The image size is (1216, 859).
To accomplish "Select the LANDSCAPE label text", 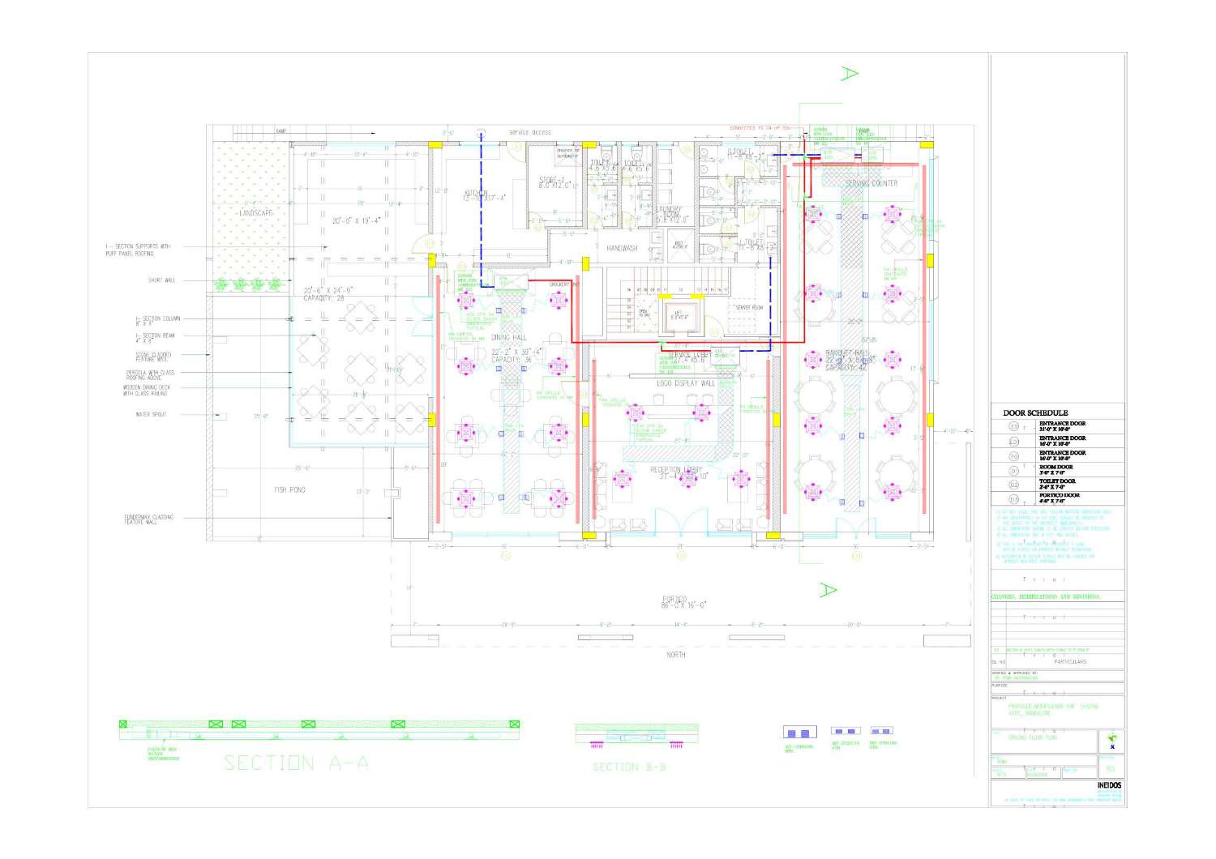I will (x=255, y=212).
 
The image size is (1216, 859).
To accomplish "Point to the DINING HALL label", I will (x=508, y=337).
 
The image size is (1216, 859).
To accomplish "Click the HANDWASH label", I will (x=622, y=248).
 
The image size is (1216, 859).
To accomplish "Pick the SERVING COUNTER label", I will (x=871, y=183).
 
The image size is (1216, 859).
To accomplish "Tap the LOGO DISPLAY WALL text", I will (x=686, y=382).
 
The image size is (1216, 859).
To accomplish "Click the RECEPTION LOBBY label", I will (x=676, y=469).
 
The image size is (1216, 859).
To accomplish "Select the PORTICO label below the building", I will (x=674, y=600).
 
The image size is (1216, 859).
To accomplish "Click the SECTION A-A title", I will (x=296, y=763).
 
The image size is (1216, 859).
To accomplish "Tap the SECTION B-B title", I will (x=629, y=767).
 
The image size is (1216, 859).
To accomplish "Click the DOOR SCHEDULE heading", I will (x=1035, y=412).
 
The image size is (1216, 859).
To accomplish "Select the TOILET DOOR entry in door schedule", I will (x=1057, y=481).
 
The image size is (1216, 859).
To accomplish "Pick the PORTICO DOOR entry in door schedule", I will (x=1059, y=495).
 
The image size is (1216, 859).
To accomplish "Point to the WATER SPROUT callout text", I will (x=151, y=414).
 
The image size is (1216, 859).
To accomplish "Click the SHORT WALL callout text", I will (x=161, y=280).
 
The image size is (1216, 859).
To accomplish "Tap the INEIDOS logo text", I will (x=1109, y=785).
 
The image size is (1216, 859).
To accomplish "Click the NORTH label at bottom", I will (x=675, y=654).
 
